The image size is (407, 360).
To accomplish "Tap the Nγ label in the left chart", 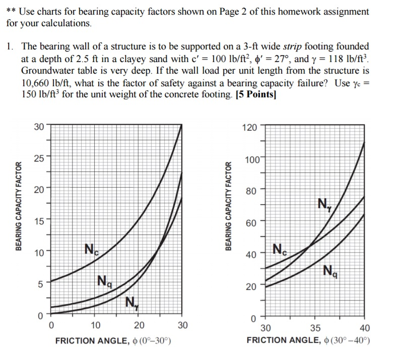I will [x=130, y=303].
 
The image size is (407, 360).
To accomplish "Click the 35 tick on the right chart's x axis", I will [x=315, y=328].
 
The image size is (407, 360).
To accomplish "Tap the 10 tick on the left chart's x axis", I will [x=96, y=325].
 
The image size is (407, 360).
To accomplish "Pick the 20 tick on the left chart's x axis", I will [x=139, y=325].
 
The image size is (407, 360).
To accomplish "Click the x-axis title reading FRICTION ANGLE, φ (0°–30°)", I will [x=113, y=341].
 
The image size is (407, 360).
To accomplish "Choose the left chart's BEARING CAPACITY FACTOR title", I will [x=19, y=206].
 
